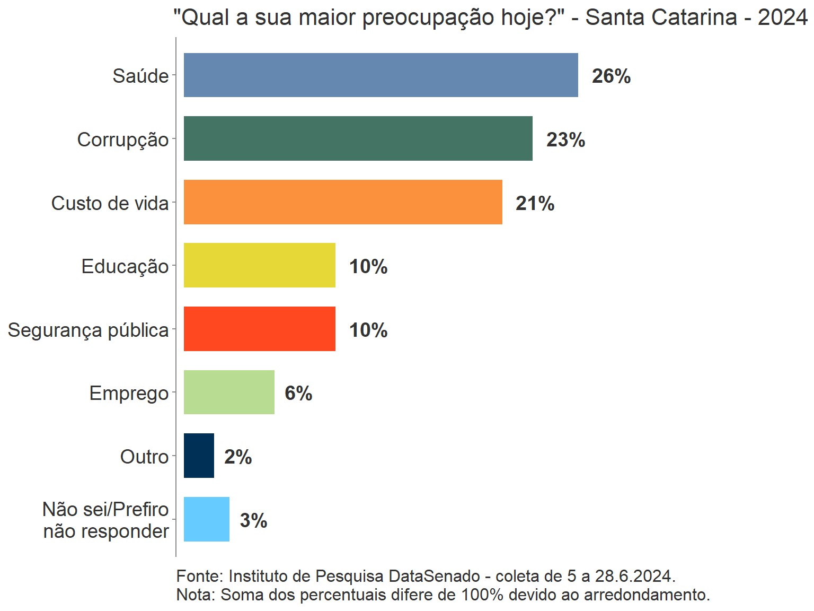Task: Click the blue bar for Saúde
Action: pyautogui.click(x=381, y=75)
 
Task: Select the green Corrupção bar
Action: pyautogui.click(x=358, y=138)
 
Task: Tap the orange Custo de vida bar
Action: pyautogui.click(x=343, y=202)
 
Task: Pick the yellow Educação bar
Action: pyautogui.click(x=259, y=265)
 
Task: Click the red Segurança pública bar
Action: pyautogui.click(x=259, y=329)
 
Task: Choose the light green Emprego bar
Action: pyautogui.click(x=229, y=392)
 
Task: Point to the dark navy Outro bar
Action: pyautogui.click(x=199, y=456)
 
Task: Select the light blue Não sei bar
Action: pyautogui.click(x=206, y=519)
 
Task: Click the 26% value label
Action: pyautogui.click(x=611, y=76)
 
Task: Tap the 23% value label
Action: pyautogui.click(x=565, y=140)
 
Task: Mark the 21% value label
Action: pyautogui.click(x=535, y=204)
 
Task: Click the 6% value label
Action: pyautogui.click(x=298, y=394)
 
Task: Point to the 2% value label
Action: pyautogui.click(x=238, y=457)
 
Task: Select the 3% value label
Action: pyautogui.click(x=253, y=521)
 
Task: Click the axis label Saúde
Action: pyautogui.click(x=140, y=76)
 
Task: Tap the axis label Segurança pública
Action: pyautogui.click(x=88, y=330)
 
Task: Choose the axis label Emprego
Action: pyautogui.click(x=129, y=394)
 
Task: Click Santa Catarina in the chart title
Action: pyautogui.click(x=661, y=18)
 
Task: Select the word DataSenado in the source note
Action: pyautogui.click(x=434, y=576)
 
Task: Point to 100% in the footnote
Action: pyautogui.click(x=482, y=595)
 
